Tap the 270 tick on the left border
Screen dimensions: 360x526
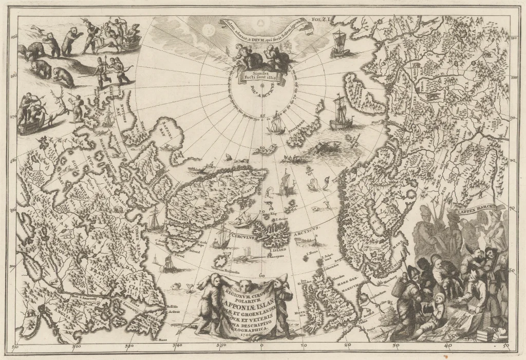coord(13,117)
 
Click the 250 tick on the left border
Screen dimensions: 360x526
coord(13,36)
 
